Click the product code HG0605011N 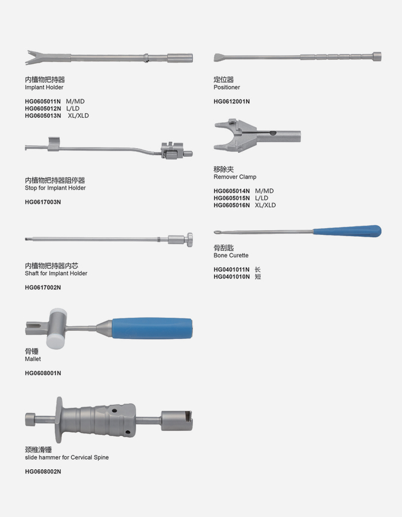point(43,101)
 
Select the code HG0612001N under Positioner point(231,102)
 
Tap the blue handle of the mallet point(152,328)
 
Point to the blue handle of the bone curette point(347,231)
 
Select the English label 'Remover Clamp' point(235,177)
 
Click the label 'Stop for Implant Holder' point(55,188)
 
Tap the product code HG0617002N point(43,288)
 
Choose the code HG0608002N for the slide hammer point(43,472)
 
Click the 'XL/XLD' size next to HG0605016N point(265,205)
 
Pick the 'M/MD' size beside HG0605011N point(75,101)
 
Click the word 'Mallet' point(33,359)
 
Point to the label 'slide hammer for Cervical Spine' point(67,458)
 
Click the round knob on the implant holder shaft point(190,240)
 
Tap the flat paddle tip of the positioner point(220,57)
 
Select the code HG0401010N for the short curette point(231,277)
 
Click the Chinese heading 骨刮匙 point(224,248)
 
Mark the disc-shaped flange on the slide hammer point(59,420)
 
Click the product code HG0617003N point(43,202)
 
